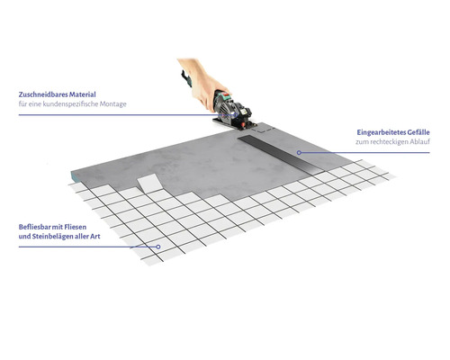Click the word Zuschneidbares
click(43, 94)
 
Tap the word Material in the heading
click(83, 94)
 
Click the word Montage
click(113, 104)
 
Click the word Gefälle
click(418, 132)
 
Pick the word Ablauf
click(419, 142)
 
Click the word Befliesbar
click(33, 227)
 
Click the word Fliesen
click(76, 227)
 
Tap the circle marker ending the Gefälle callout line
click(299, 153)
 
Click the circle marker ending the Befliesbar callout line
click(158, 247)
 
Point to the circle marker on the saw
click(237, 115)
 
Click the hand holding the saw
click(204, 84)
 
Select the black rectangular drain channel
click(281, 155)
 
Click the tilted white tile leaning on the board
click(149, 184)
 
